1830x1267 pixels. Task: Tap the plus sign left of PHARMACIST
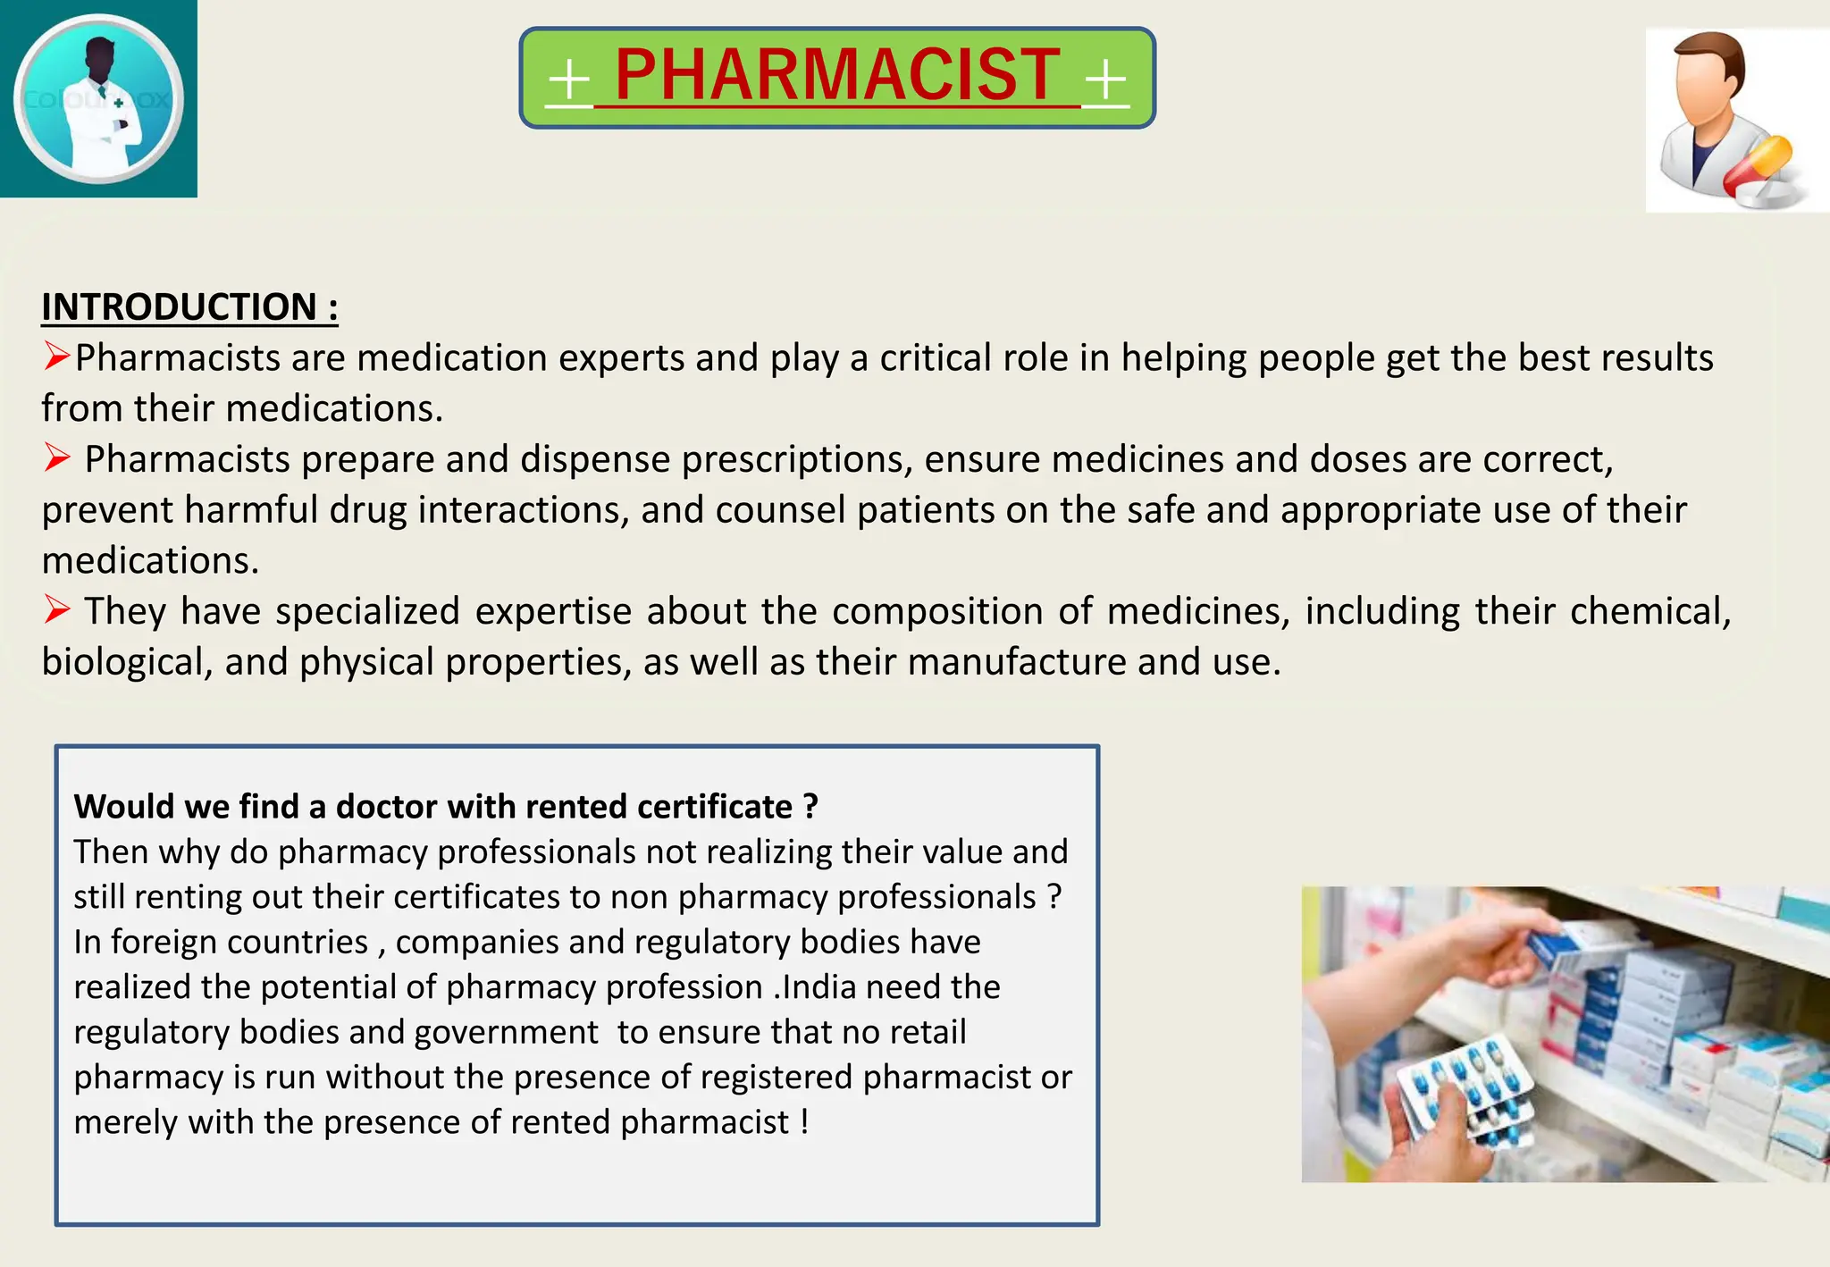tap(569, 80)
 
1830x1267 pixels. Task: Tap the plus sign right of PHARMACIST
tap(1105, 80)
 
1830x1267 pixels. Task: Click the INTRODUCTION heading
tap(189, 306)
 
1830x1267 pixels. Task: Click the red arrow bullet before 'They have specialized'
tap(57, 610)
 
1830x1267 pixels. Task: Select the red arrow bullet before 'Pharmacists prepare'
tap(57, 458)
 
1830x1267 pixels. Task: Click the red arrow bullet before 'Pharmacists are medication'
tap(56, 357)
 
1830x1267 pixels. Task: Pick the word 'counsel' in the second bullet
tap(780, 510)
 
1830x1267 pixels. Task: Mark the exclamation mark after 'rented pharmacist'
tap(805, 1121)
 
